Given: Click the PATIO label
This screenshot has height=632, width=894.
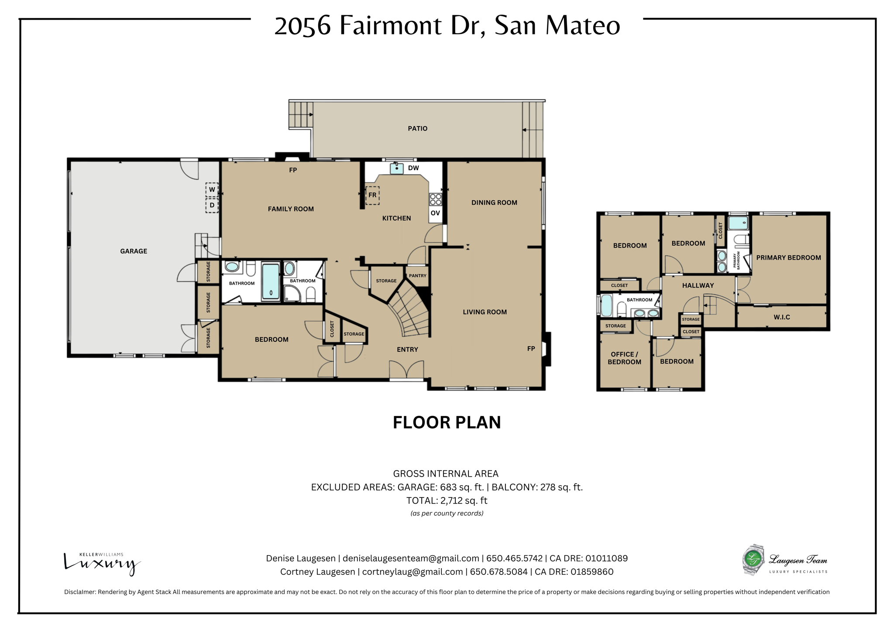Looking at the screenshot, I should pos(417,128).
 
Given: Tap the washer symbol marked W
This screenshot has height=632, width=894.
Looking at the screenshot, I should pos(212,189).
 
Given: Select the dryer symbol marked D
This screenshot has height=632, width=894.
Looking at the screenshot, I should pos(212,205).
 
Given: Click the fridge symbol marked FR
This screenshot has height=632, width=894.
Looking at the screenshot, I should pos(372,195).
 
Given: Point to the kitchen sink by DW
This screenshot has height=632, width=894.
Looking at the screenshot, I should pos(396,168).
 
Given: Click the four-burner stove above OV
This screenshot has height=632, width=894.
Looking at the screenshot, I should pos(435,199).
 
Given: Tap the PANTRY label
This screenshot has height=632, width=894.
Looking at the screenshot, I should pos(417,275).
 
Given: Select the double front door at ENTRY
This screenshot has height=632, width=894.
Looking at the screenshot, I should pos(406,370).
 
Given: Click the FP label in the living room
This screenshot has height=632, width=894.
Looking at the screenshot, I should pos(531,348).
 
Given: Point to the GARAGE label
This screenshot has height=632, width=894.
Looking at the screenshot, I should pos(134,251).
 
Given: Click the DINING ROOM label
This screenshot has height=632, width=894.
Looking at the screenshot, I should pos(494,203).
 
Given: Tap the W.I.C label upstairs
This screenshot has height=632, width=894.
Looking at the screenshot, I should pos(781,317).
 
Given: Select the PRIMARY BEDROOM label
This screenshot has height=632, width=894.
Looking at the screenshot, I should pos(788,258).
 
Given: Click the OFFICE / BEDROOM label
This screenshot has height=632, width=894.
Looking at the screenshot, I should pos(624,358).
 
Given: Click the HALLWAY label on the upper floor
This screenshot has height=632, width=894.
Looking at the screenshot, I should pos(698,285).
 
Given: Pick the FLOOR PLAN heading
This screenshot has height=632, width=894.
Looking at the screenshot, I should pos(447,422).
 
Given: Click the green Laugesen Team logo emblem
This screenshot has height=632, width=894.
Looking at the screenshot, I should pos(753,559).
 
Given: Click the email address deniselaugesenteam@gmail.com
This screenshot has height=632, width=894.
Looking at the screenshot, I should pos(411,558).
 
